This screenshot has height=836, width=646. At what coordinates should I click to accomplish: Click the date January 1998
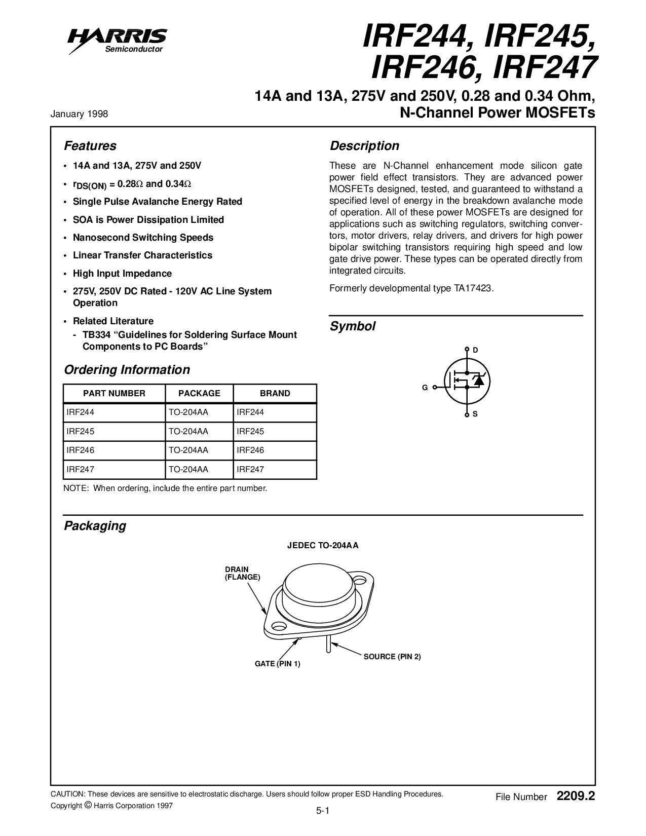(79, 114)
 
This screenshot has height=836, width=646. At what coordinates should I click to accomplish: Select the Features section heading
(90, 146)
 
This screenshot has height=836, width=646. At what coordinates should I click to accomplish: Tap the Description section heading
(364, 146)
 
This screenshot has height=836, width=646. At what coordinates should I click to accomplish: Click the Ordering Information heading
(127, 370)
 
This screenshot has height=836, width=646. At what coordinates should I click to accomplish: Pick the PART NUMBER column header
(114, 393)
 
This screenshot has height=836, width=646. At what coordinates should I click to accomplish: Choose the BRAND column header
(275, 393)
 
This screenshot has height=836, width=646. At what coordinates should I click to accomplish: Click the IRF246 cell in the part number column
(81, 450)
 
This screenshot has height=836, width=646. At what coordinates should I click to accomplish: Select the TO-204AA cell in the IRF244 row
(188, 412)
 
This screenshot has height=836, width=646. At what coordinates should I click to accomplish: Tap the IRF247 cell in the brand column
(250, 470)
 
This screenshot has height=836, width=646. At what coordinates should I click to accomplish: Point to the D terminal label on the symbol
(475, 350)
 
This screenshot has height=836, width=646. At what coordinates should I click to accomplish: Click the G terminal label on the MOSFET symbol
(425, 388)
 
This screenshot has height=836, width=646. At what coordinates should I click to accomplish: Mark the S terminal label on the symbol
(475, 414)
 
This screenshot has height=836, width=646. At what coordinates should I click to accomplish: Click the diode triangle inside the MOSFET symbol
(478, 381)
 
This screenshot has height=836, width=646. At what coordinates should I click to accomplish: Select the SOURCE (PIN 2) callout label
(392, 657)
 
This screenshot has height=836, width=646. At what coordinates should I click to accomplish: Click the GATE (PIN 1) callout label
(277, 664)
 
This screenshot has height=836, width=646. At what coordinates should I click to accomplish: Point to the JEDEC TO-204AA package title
(323, 546)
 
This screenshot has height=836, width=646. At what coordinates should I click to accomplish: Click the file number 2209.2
(575, 796)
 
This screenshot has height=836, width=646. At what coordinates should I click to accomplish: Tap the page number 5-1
(323, 811)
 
